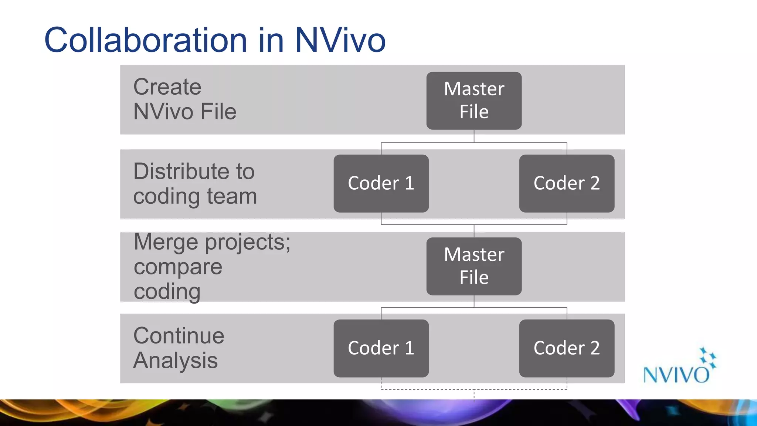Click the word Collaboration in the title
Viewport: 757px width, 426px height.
(145, 40)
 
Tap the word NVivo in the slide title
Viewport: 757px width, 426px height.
(340, 40)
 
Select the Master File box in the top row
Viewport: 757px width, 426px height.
(474, 101)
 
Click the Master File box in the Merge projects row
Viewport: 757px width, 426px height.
(474, 266)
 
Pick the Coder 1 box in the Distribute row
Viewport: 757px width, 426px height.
(381, 183)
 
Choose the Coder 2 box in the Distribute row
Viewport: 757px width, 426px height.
(567, 183)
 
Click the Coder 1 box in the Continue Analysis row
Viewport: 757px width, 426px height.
(381, 348)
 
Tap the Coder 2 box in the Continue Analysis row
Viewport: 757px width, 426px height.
(567, 348)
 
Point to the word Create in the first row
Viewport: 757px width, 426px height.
(167, 87)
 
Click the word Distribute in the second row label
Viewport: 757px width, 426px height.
(194, 172)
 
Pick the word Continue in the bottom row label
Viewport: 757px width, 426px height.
(179, 336)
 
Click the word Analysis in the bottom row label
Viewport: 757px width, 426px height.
(175, 361)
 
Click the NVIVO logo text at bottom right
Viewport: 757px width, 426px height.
(676, 375)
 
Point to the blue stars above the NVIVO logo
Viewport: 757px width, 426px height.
(708, 357)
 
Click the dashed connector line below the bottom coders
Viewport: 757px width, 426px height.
(474, 389)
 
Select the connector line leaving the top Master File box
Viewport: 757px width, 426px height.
(474, 136)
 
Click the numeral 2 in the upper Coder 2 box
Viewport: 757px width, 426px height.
(594, 183)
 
